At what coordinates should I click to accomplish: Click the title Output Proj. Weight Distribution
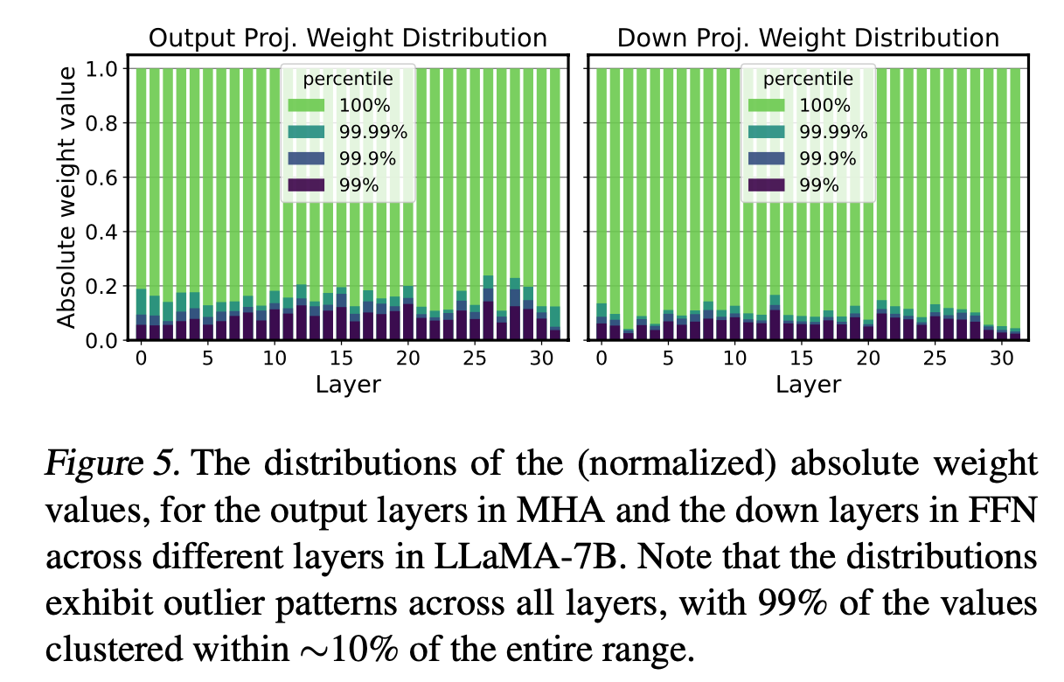click(x=347, y=38)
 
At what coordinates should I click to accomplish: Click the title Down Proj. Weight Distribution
click(x=808, y=38)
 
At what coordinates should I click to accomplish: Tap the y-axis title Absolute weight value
click(x=68, y=194)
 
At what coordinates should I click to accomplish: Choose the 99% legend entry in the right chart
click(x=819, y=184)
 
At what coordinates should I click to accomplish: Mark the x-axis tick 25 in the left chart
click(x=474, y=358)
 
